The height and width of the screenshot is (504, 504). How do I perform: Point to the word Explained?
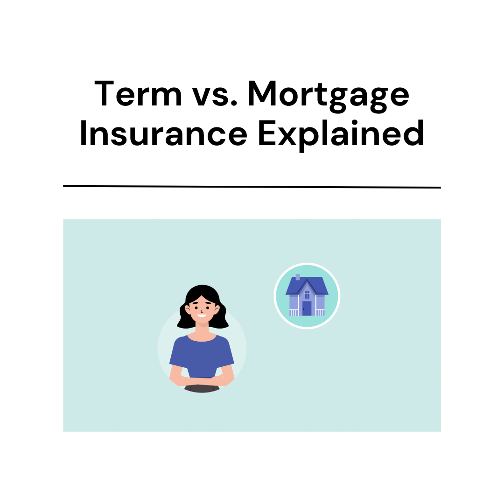tap(341, 134)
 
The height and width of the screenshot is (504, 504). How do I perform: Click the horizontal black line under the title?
tap(252, 187)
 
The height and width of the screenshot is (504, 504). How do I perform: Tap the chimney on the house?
tap(298, 277)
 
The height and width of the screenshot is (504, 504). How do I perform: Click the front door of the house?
tap(307, 308)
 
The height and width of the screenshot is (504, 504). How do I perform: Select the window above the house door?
tap(307, 294)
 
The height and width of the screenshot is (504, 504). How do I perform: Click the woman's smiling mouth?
tap(202, 315)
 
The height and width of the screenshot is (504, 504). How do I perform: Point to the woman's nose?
tap(202, 309)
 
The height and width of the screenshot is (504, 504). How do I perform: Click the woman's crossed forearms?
tap(202, 380)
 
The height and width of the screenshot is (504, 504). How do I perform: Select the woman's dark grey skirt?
tap(202, 388)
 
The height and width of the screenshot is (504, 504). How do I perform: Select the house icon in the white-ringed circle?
tap(307, 296)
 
